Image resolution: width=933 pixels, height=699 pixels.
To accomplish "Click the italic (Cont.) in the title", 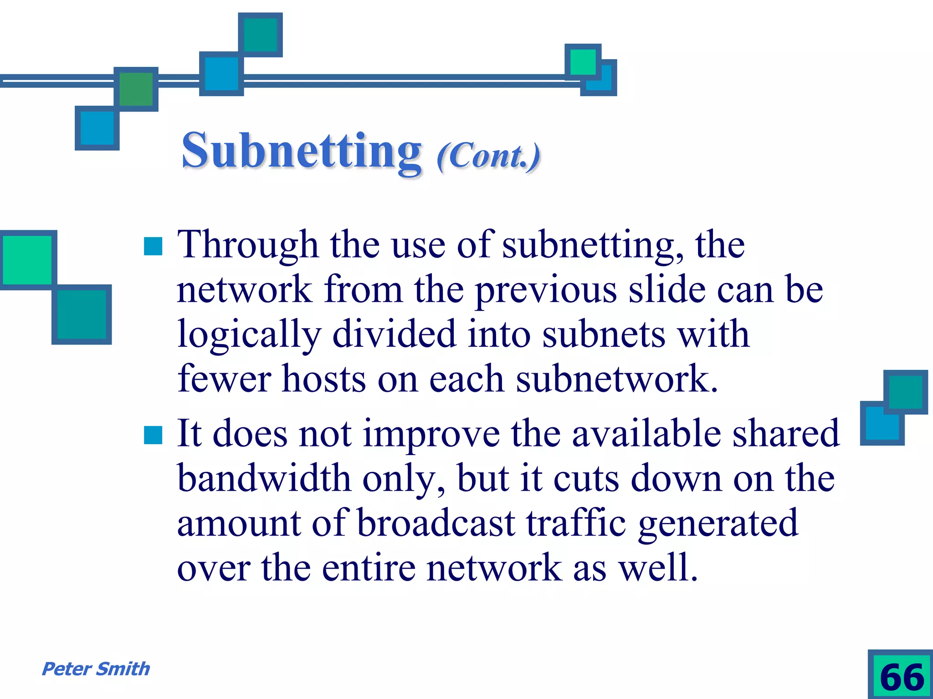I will coord(488,156).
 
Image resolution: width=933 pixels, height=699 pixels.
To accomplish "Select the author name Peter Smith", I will coord(96,669).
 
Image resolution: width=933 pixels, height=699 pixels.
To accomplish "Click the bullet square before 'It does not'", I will coord(153,435).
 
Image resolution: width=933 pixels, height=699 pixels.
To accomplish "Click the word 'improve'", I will coord(431,434).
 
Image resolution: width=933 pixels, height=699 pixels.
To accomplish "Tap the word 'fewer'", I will coord(224,379).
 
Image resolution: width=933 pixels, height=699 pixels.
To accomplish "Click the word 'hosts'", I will coord(324,379).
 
